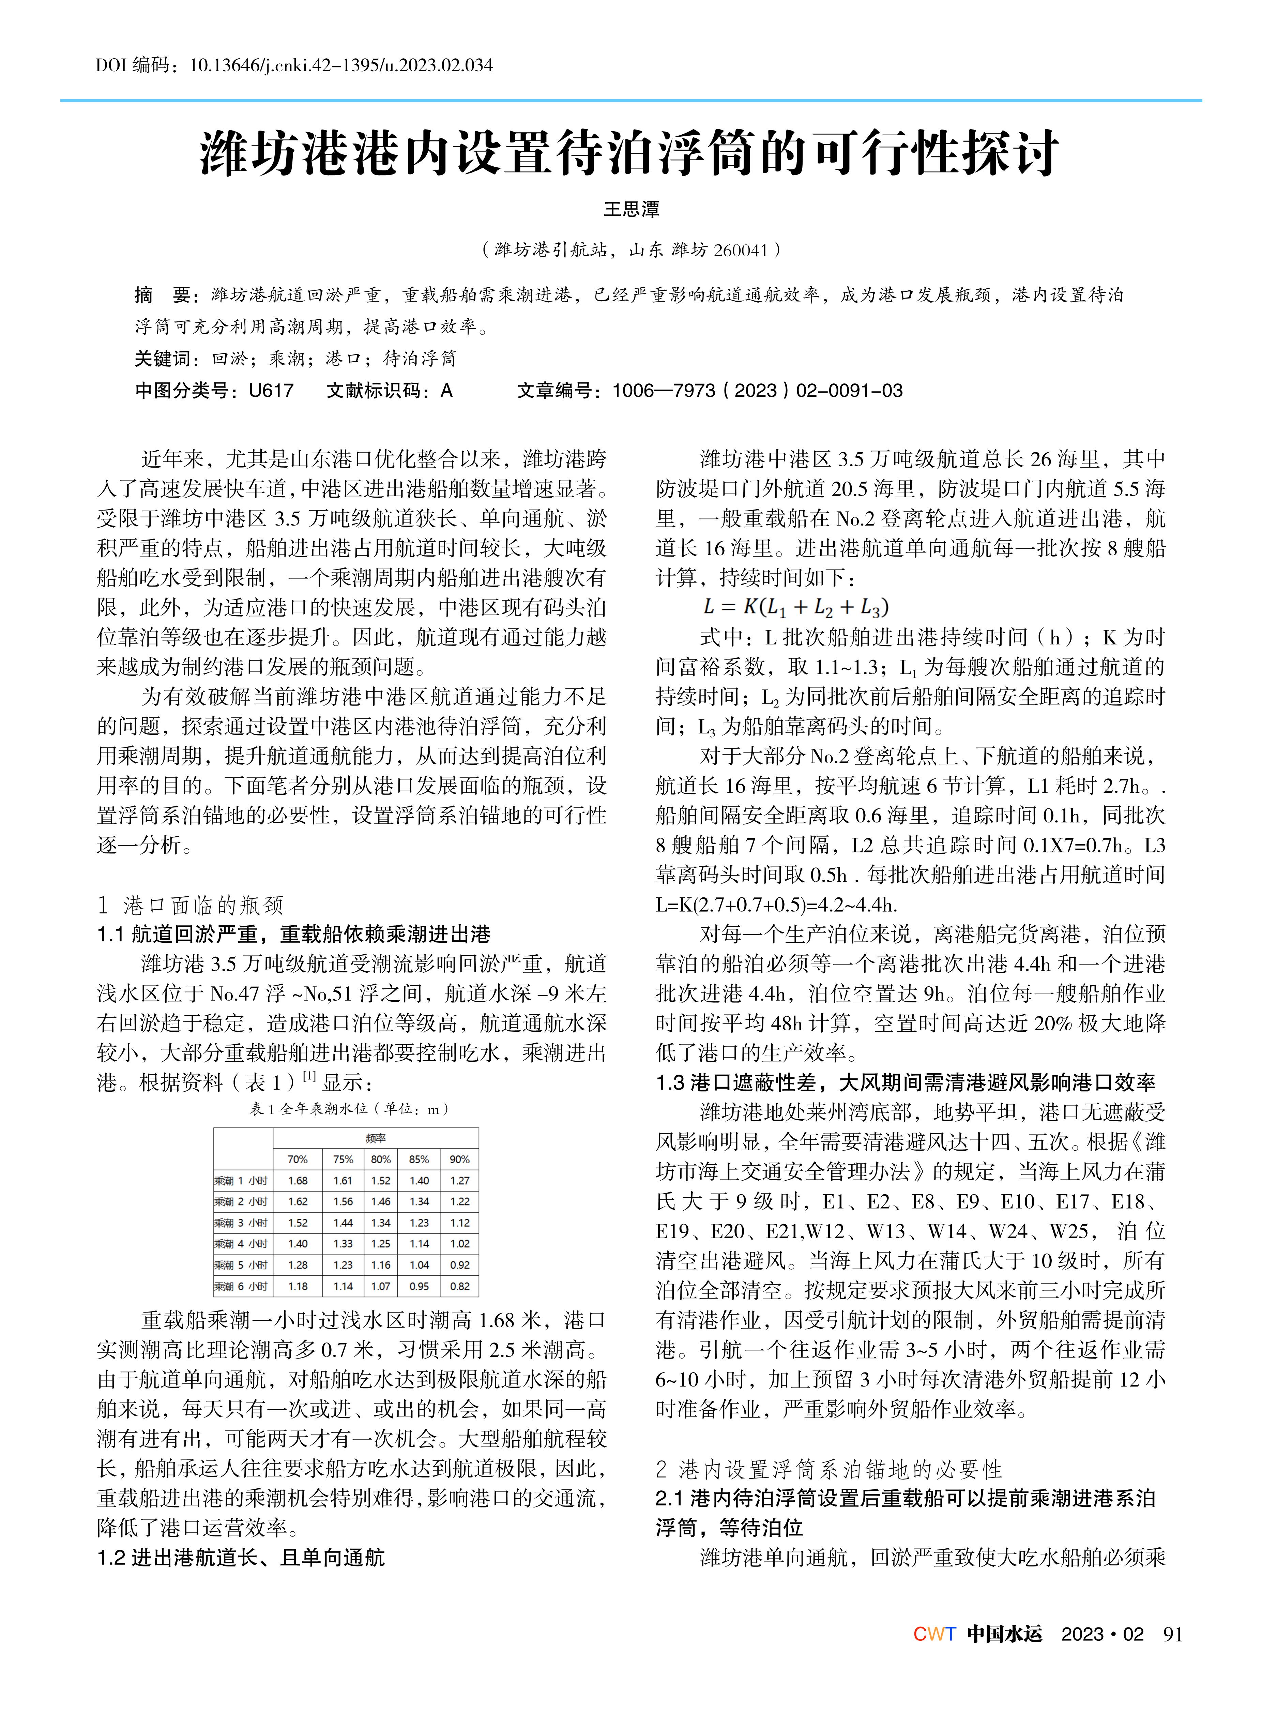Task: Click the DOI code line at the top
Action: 294,65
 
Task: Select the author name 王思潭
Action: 631,209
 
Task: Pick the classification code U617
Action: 271,391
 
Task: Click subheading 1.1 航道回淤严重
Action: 294,934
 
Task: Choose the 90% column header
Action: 460,1159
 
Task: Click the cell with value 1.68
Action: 298,1181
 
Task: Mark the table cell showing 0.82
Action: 460,1286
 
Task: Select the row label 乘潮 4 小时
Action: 241,1244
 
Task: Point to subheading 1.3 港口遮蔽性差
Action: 905,1083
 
